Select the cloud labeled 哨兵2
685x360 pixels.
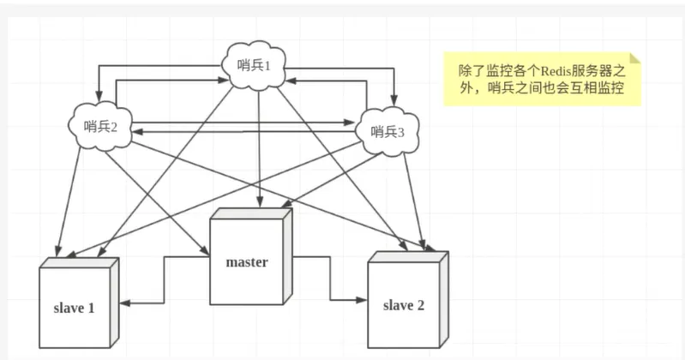pos(101,126)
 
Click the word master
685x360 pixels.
pos(247,261)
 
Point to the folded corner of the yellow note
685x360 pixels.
pos(634,58)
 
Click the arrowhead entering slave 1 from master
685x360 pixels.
pos(123,301)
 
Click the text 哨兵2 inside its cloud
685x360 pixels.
pos(101,127)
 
